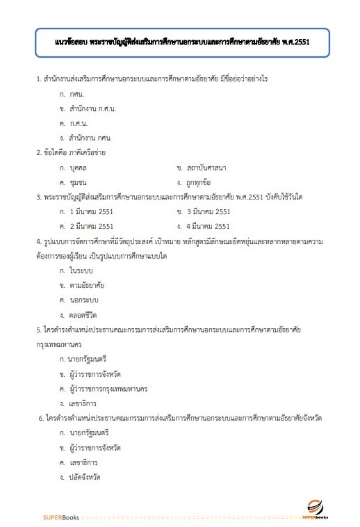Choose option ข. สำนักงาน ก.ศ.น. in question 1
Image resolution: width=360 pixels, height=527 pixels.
pos(88,109)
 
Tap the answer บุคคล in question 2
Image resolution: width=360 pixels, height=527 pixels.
pos(79,168)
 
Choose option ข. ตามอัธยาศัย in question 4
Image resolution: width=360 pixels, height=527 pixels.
pos(83,285)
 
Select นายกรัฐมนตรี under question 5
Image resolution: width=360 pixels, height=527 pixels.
pos(88,359)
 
